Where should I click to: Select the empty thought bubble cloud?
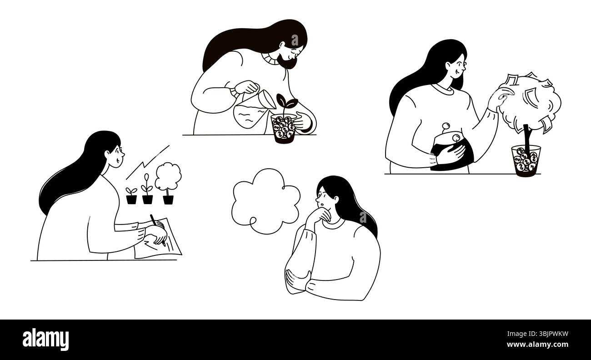tap(265, 200)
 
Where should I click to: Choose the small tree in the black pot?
tap(168, 182)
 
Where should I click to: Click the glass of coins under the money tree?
tap(526, 160)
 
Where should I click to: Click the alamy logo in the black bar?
tap(45, 340)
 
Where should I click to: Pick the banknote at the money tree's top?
tap(511, 80)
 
